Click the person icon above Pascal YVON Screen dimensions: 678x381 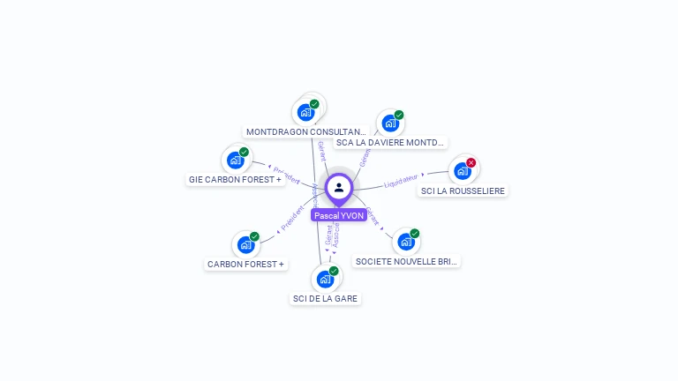[339, 187]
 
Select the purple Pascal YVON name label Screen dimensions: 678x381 [338, 215]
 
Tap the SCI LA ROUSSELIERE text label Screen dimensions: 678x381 [463, 190]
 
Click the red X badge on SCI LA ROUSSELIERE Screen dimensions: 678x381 [471, 163]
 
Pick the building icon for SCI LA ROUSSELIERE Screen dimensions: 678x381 [462, 170]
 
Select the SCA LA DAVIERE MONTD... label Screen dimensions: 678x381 [390, 142]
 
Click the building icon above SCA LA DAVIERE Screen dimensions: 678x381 [389, 123]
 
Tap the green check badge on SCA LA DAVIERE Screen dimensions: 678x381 [399, 115]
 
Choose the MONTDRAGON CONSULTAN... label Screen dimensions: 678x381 [306, 131]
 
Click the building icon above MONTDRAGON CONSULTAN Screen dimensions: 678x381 [305, 112]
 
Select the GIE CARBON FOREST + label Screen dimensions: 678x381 [235, 179]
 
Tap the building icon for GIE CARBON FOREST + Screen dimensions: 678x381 [235, 160]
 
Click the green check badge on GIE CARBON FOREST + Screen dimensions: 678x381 [245, 152]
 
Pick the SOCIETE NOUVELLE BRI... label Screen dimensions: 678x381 [406, 261]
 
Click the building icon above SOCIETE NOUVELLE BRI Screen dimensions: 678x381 [405, 241]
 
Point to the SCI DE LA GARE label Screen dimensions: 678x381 [326, 298]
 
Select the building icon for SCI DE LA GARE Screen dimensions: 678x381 [325, 279]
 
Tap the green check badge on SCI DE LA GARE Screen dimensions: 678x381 [334, 271]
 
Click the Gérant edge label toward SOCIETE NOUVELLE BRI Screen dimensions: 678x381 [373, 215]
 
